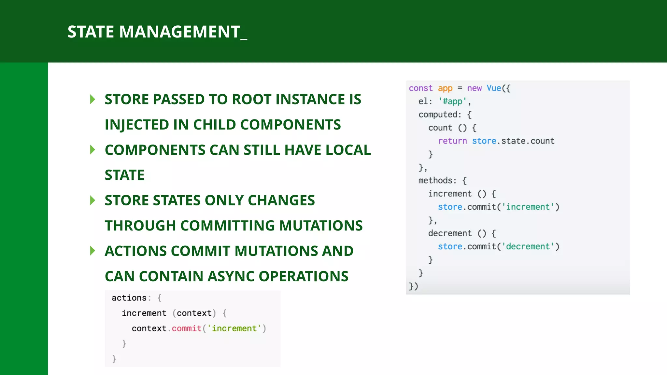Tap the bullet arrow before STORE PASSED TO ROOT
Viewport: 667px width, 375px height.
tap(92, 99)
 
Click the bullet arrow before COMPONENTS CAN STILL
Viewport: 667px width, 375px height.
tap(92, 150)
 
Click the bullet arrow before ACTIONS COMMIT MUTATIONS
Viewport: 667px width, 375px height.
tap(92, 251)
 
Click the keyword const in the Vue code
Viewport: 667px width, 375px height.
tap(420, 88)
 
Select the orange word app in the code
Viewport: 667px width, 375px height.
tap(445, 88)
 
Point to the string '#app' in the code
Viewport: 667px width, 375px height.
tap(452, 101)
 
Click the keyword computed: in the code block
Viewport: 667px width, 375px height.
tap(440, 115)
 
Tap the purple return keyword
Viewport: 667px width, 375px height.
tap(452, 141)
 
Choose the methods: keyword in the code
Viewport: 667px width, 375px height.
tap(437, 181)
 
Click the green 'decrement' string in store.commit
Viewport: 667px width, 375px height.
tap(528, 246)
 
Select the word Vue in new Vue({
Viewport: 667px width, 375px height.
tap(494, 88)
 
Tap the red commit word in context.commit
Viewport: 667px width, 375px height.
tap(186, 328)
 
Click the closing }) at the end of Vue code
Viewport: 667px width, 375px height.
tap(413, 286)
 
